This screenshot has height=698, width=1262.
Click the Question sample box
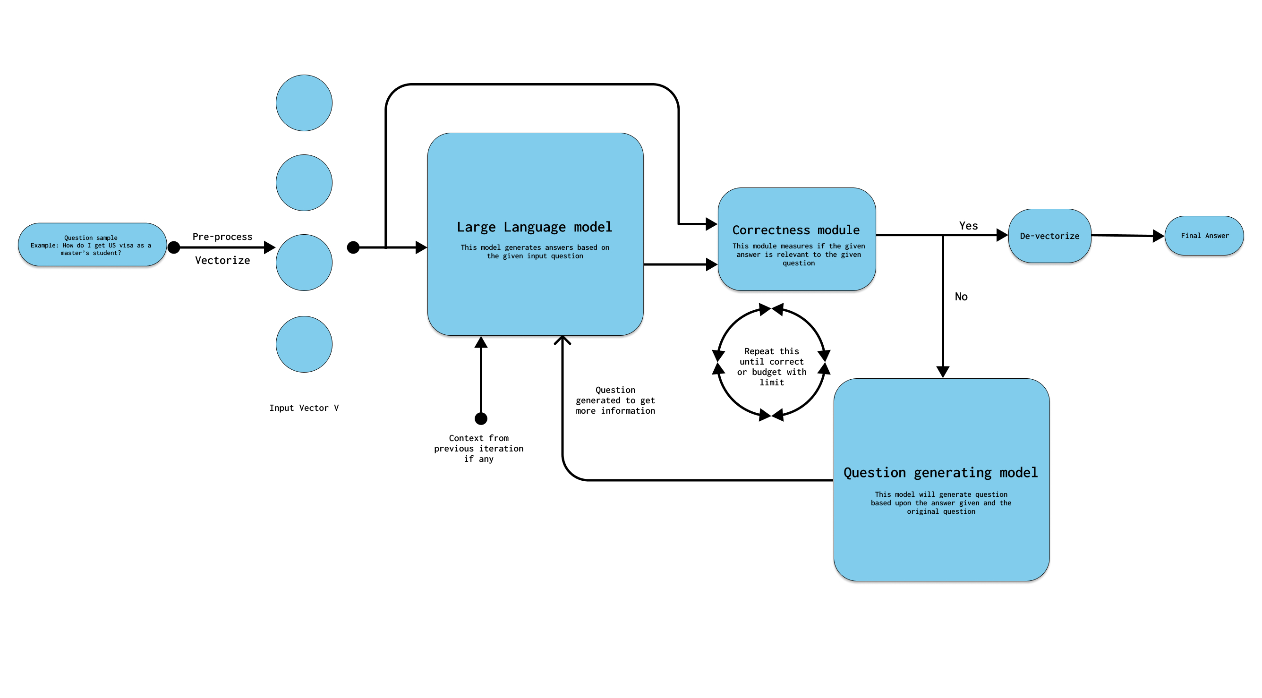coord(92,245)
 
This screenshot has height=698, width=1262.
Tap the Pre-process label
coord(222,237)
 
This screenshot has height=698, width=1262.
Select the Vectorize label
coord(222,261)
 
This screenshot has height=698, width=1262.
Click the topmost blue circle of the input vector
coord(304,103)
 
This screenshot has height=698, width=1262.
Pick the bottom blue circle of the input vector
coord(304,344)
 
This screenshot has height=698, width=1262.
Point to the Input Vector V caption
coord(304,408)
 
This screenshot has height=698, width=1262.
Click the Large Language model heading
coord(535,227)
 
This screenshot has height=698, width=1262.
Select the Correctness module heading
coord(796,230)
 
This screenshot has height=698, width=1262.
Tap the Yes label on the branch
coord(968,226)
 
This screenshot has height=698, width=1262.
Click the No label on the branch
coord(961,297)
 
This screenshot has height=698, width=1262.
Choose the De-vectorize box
coord(1049,236)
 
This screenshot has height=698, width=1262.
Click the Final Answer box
coord(1204,236)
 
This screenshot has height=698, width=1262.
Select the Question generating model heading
coord(941,473)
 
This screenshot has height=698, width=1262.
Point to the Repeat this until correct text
coord(772,367)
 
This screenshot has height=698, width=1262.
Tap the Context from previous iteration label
coord(478,449)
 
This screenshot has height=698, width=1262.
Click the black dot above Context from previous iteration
coord(481,419)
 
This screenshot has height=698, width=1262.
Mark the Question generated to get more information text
coord(615,400)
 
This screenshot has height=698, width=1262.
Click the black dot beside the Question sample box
coord(174,247)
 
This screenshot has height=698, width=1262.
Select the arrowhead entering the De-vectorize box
coord(1002,235)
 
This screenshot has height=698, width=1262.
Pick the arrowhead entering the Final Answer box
coord(1158,236)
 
